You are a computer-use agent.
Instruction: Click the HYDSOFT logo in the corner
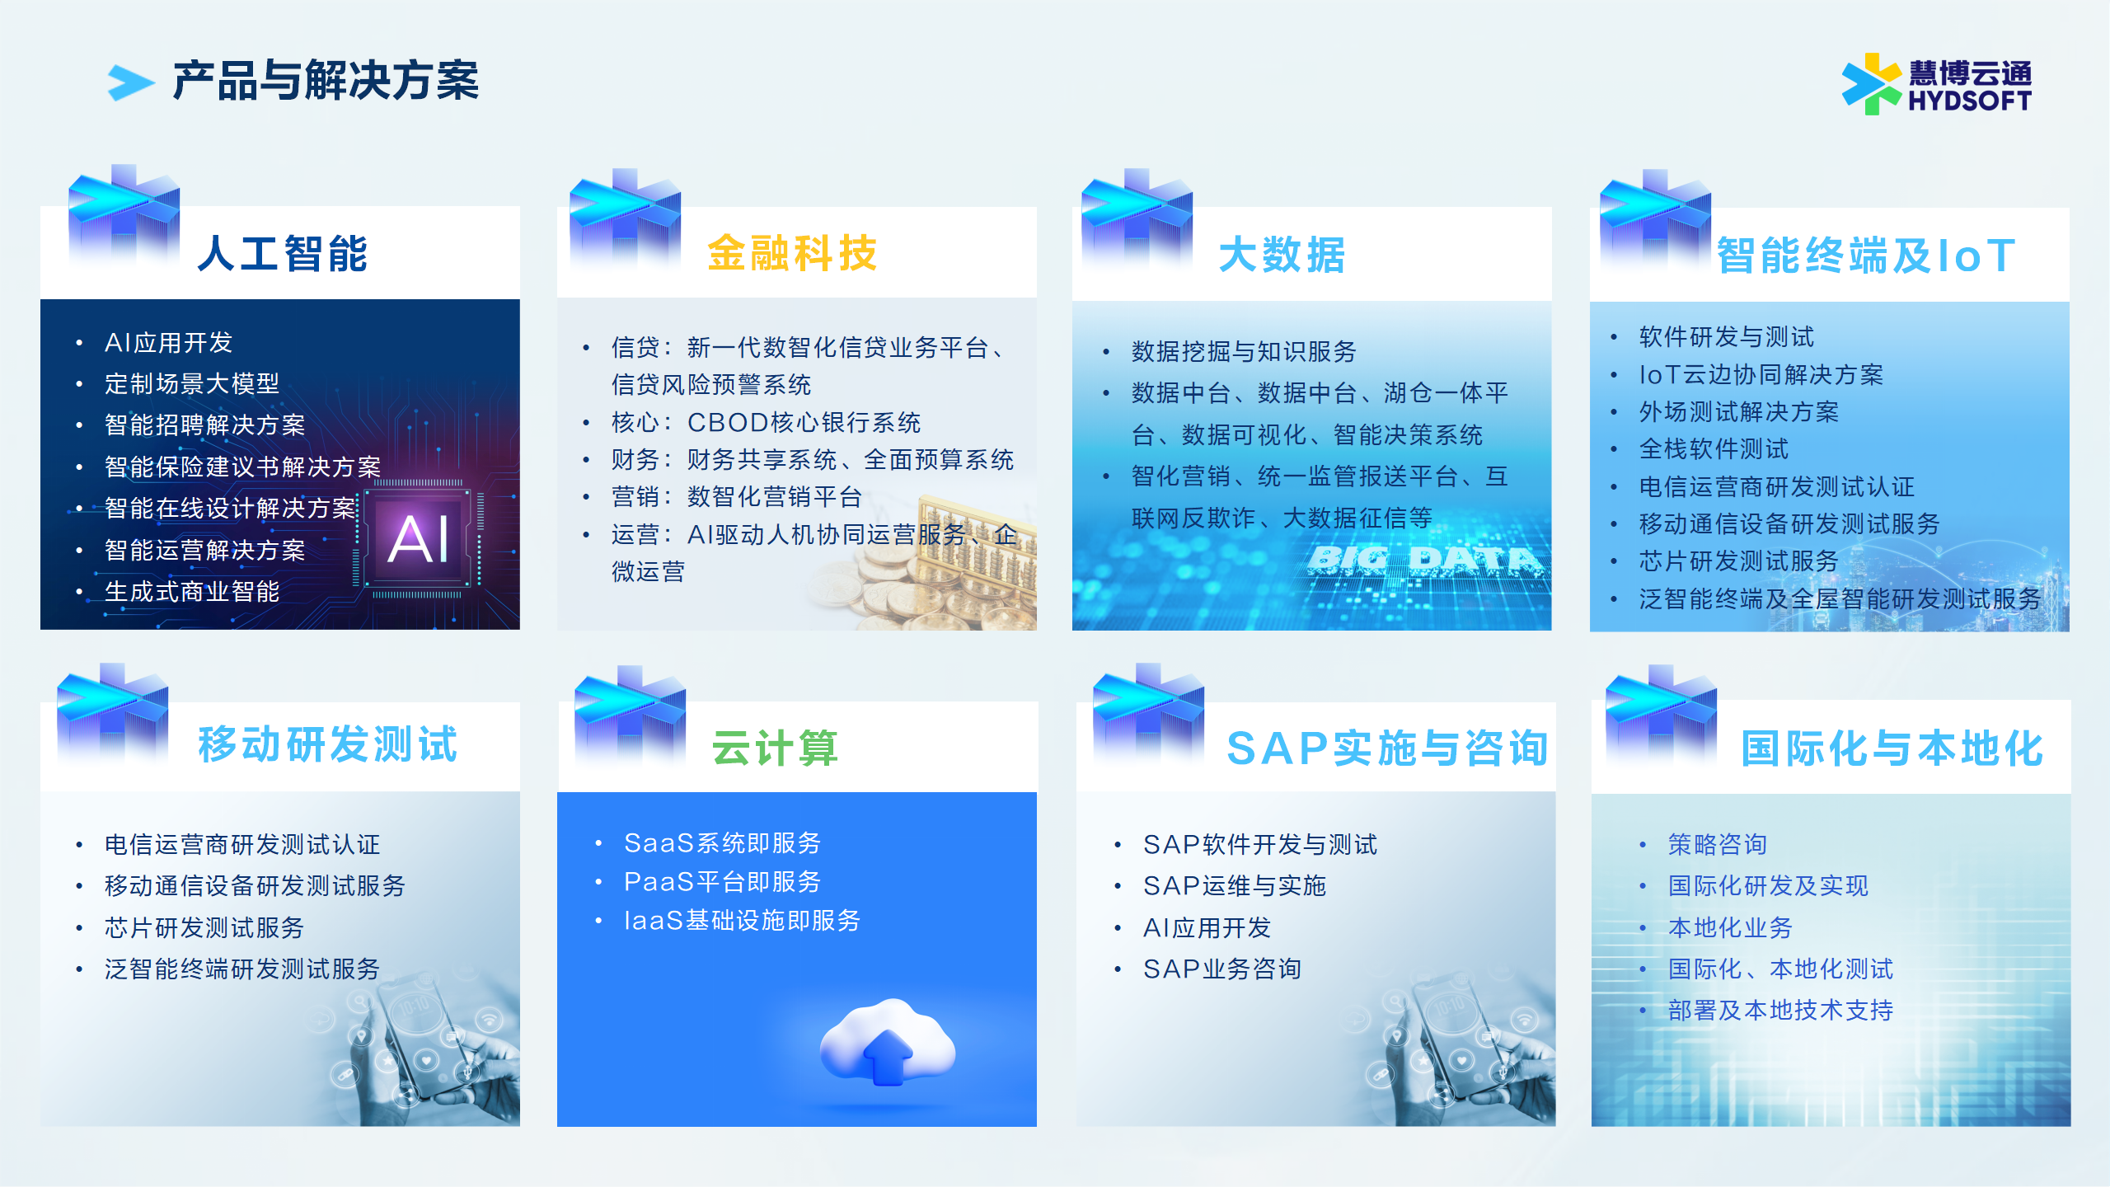tap(1937, 84)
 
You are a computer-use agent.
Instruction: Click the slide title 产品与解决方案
tap(326, 81)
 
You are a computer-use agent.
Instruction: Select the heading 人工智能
tap(283, 253)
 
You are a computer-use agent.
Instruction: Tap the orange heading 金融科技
tap(792, 253)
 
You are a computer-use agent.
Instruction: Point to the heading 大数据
tap(1282, 255)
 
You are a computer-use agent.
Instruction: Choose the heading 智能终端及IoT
tap(1866, 256)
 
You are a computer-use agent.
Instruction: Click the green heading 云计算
tap(775, 748)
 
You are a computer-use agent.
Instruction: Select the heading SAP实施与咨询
tap(1387, 748)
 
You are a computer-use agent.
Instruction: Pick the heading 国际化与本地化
tap(1892, 748)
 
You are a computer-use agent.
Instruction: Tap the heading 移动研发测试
tap(328, 744)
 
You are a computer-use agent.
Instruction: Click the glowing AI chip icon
tap(419, 537)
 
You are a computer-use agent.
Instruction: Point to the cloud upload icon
tap(888, 1042)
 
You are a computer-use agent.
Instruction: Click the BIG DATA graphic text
tap(1423, 561)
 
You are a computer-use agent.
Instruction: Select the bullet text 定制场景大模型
tap(192, 383)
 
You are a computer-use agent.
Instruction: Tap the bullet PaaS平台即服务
tap(722, 882)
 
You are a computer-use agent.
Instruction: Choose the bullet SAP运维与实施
tap(1235, 885)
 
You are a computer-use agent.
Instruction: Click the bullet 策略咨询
tap(1718, 844)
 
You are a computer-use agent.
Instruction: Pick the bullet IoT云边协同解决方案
tap(1761, 374)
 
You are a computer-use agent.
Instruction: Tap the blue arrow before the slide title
tap(131, 82)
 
